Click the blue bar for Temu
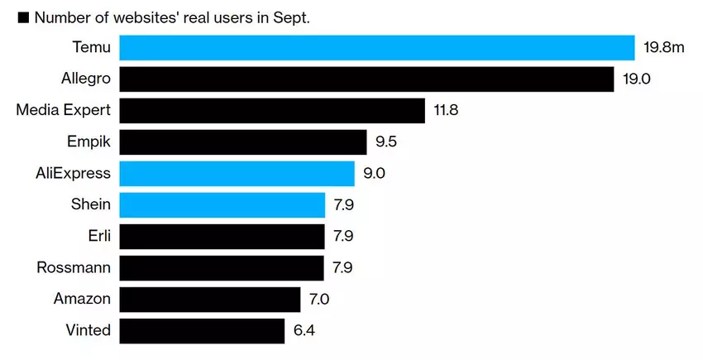[x=376, y=48]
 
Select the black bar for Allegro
[x=366, y=79]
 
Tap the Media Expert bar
[x=272, y=111]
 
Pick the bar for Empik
[x=243, y=142]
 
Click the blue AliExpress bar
[x=237, y=174]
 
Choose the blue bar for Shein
[x=222, y=205]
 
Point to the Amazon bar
[x=210, y=300]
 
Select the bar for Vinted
[x=202, y=331]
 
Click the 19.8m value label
[x=664, y=48]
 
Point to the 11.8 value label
[x=446, y=111]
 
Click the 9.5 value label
[x=386, y=142]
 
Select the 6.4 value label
[x=304, y=331]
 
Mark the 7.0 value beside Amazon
[x=319, y=300]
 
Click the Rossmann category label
[x=74, y=268]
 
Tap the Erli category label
[x=98, y=237]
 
